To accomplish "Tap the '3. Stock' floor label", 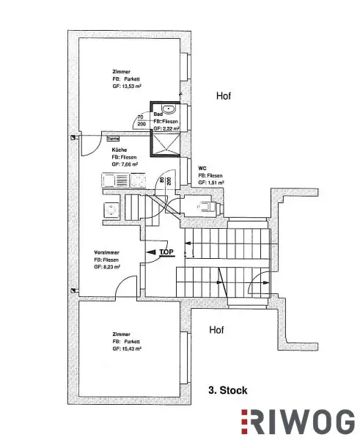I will point(217,392).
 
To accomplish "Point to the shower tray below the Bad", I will point(165,140).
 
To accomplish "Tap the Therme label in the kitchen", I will point(114,138).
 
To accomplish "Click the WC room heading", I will point(202,168).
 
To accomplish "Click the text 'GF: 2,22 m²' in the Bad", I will point(166,128).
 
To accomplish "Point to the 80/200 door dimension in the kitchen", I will point(169,180).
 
